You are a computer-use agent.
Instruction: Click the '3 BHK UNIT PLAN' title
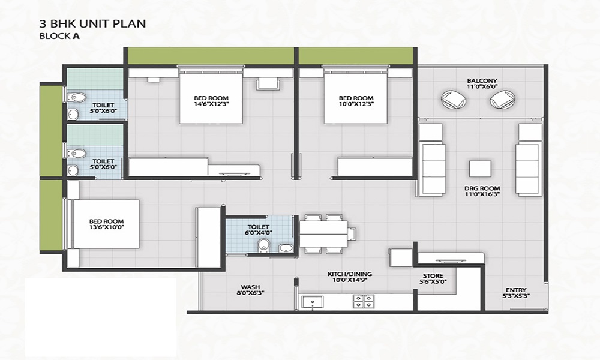click(x=92, y=24)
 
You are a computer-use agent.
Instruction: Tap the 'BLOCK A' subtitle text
click(x=59, y=37)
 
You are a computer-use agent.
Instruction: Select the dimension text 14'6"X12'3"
click(x=211, y=104)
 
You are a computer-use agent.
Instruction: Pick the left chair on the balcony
click(x=454, y=100)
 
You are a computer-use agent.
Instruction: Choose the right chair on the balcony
click(x=503, y=100)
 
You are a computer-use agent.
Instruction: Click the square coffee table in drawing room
click(x=480, y=169)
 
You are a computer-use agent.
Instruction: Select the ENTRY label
click(x=516, y=290)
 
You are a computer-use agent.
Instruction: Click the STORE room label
click(x=433, y=276)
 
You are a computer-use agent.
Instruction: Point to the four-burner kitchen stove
click(x=364, y=301)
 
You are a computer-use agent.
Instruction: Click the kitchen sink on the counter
click(x=312, y=302)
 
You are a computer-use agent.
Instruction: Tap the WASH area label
click(x=251, y=287)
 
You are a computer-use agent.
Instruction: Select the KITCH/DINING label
click(x=350, y=274)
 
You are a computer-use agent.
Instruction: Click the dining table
click(x=323, y=234)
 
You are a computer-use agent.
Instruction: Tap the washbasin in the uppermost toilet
click(x=73, y=114)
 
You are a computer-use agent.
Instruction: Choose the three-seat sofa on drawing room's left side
click(x=433, y=169)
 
